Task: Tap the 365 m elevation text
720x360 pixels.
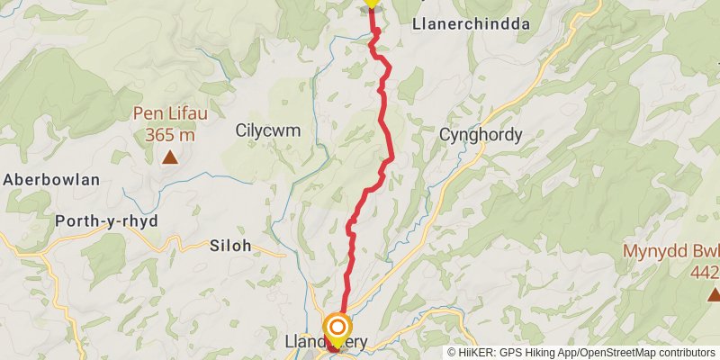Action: coord(169,135)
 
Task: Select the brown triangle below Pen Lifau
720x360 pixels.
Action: coord(169,158)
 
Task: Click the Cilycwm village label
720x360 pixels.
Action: coord(267,130)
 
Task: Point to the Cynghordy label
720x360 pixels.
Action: coord(481,135)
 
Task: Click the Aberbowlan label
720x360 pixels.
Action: coord(50,179)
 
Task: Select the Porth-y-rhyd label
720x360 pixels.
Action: coord(107,221)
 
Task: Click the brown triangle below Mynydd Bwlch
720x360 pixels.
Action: coord(713,293)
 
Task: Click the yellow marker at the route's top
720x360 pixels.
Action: coord(371,3)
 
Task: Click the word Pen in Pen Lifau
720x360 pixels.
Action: coord(146,114)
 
